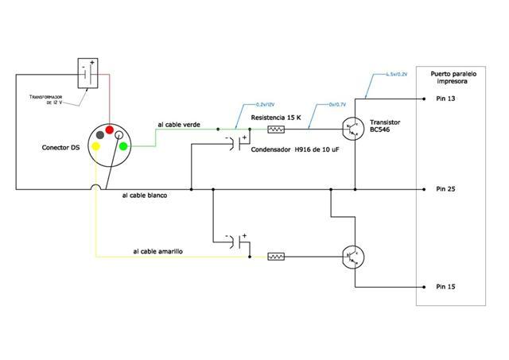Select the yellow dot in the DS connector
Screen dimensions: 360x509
pyautogui.click(x=96, y=146)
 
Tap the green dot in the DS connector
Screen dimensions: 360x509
pyautogui.click(x=123, y=146)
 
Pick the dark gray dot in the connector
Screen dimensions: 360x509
pyautogui.click(x=99, y=134)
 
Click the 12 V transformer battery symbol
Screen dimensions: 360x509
pyautogui.click(x=87, y=72)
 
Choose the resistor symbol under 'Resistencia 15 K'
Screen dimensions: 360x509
pyautogui.click(x=276, y=129)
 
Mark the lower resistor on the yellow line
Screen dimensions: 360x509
pyautogui.click(x=276, y=257)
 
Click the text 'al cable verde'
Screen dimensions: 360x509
pyautogui.click(x=179, y=125)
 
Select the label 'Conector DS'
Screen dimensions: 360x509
pyautogui.click(x=60, y=148)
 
